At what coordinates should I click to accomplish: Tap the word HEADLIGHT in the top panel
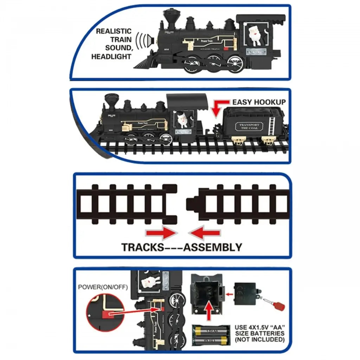coord(111,57)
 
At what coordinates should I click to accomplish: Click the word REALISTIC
coord(114,31)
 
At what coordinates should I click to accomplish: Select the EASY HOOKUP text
coord(259,102)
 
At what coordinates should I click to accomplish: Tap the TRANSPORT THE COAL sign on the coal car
coord(249,127)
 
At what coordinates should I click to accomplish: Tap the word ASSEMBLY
coord(213,247)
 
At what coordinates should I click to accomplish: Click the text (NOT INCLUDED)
coord(259,340)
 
